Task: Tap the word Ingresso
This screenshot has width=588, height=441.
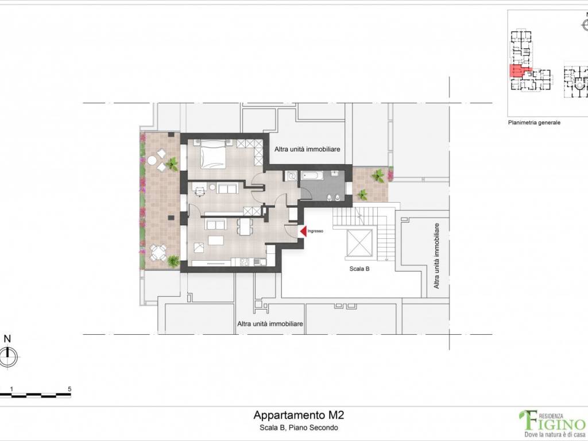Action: [316, 231]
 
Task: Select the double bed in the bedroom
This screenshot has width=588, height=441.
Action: [212, 154]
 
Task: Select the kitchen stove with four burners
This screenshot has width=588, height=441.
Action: [243, 262]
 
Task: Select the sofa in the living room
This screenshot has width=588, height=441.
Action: [215, 224]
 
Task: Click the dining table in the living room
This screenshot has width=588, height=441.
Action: [245, 227]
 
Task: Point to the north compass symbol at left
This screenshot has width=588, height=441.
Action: [8, 357]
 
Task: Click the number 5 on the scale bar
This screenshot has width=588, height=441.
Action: [69, 389]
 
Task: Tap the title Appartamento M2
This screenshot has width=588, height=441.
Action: [299, 415]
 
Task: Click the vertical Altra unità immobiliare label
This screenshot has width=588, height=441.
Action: [437, 256]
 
